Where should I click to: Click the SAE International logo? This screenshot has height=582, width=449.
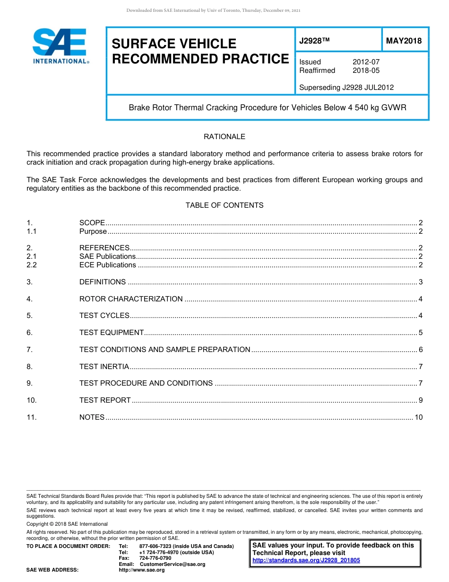click(x=60, y=46)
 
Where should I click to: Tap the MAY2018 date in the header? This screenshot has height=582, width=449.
click(x=404, y=41)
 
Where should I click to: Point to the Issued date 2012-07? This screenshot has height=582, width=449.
click(x=366, y=62)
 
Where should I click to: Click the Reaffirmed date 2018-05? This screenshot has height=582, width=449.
click(x=366, y=71)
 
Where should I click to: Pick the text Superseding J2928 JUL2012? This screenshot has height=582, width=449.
click(x=346, y=87)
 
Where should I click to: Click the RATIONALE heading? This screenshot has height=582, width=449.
click(x=224, y=137)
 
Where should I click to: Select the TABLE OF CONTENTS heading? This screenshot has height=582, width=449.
click(x=224, y=205)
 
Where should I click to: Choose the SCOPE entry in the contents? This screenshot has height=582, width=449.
click(x=92, y=223)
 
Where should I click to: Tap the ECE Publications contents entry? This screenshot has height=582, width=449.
click(x=108, y=265)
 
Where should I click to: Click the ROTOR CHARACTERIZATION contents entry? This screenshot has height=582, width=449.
click(x=131, y=299)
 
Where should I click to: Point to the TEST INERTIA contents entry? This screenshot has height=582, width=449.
click(x=104, y=367)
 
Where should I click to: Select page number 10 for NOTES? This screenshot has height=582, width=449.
click(x=418, y=417)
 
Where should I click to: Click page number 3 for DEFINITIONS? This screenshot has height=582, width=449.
click(x=421, y=282)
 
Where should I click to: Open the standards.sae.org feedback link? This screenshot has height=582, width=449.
click(x=306, y=560)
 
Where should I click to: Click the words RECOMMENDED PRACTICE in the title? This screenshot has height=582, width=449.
click(x=200, y=59)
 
